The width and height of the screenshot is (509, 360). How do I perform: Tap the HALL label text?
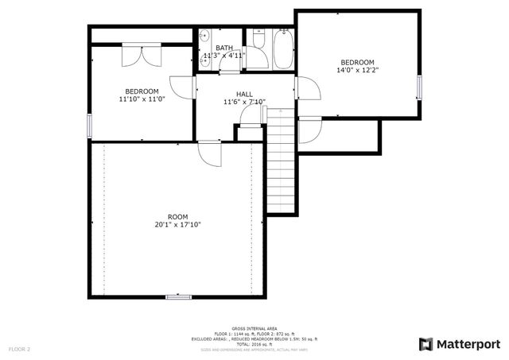(244, 94)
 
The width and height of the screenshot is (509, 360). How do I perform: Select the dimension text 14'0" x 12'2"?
(357, 70)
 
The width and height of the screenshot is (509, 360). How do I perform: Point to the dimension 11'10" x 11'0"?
(141, 99)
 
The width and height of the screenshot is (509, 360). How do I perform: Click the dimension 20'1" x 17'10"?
(177, 225)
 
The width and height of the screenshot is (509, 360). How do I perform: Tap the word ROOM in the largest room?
(177, 216)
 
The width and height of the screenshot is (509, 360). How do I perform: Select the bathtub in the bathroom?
(283, 48)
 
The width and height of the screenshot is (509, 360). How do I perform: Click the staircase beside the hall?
(281, 163)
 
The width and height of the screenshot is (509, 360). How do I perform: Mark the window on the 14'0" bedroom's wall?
(418, 87)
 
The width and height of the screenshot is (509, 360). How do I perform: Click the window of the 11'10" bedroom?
(90, 125)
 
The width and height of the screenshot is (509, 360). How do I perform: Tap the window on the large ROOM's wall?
(178, 296)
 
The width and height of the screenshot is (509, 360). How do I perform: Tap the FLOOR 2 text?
(19, 349)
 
